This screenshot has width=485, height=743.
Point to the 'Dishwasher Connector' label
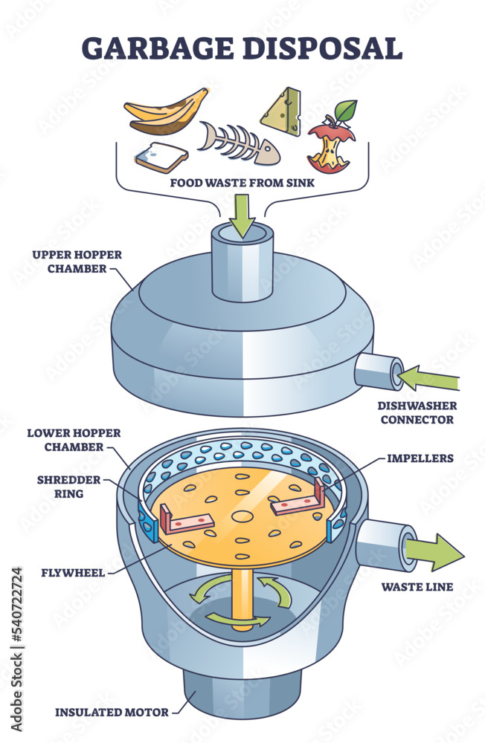coord(417,413)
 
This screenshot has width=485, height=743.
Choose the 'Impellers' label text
coord(419,458)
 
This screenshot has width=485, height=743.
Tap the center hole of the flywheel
coord(242,515)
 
